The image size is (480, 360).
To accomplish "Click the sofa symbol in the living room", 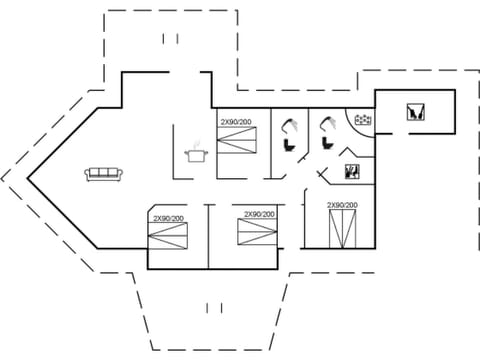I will coord(104,174).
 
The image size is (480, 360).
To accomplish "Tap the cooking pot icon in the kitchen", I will coord(195,154).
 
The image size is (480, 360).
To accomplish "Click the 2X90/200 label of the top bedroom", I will coord(237,122).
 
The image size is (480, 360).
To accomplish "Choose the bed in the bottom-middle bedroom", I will coord(257,232).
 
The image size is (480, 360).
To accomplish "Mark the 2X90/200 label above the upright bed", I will coord(342,205).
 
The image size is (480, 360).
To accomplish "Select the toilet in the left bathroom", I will coord(290,144).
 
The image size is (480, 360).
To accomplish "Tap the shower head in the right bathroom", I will coord(327,125).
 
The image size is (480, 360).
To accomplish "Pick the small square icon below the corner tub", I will coord(351,171).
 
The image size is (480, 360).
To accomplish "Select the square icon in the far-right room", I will coord(415,112).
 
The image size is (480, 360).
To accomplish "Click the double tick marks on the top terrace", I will coord(169,39).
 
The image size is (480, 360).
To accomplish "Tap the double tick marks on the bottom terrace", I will coord(212,307).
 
